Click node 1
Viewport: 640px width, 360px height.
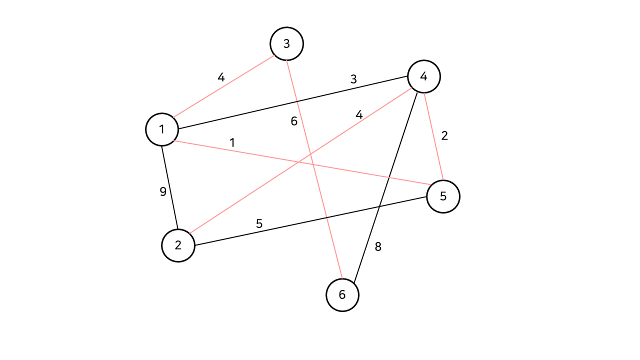click(x=162, y=129)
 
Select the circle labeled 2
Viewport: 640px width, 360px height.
click(x=178, y=245)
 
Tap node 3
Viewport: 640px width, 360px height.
click(x=286, y=44)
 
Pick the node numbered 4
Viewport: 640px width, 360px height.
click(x=424, y=76)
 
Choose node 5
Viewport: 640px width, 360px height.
click(x=443, y=196)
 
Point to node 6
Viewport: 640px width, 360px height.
click(x=342, y=295)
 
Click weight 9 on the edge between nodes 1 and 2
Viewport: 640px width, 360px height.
click(x=163, y=191)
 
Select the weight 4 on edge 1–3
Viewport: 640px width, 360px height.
click(x=221, y=77)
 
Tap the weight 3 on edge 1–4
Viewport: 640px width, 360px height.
click(x=353, y=79)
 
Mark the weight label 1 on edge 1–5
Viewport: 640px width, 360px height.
click(x=232, y=142)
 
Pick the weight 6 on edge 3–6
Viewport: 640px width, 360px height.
click(x=294, y=121)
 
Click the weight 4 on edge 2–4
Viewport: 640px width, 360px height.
click(x=359, y=114)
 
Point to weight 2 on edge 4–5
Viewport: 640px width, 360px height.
click(x=444, y=135)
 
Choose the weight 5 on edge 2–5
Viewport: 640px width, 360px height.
click(x=259, y=223)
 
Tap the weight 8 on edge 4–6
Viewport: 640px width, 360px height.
click(x=378, y=246)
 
